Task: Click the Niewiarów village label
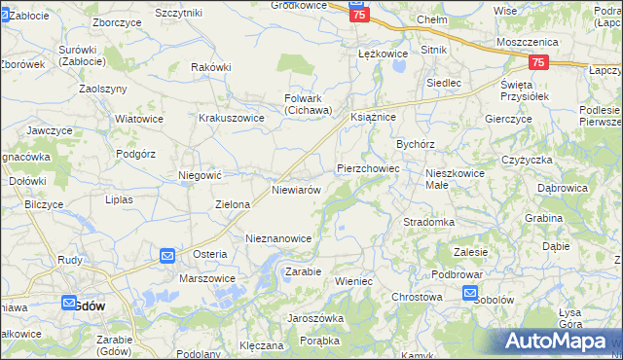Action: click(x=297, y=191)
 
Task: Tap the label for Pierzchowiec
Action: click(x=368, y=168)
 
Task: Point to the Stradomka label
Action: click(x=429, y=222)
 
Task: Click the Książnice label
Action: click(x=372, y=116)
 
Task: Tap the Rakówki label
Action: click(x=211, y=67)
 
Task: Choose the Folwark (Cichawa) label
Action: click(x=309, y=104)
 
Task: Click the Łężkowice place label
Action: click(x=379, y=53)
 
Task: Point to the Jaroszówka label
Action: click(x=315, y=318)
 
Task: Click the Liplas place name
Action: click(x=118, y=199)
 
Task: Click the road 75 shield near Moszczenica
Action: click(x=539, y=62)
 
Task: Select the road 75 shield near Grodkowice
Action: click(x=359, y=16)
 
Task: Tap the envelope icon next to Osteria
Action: click(x=166, y=256)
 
